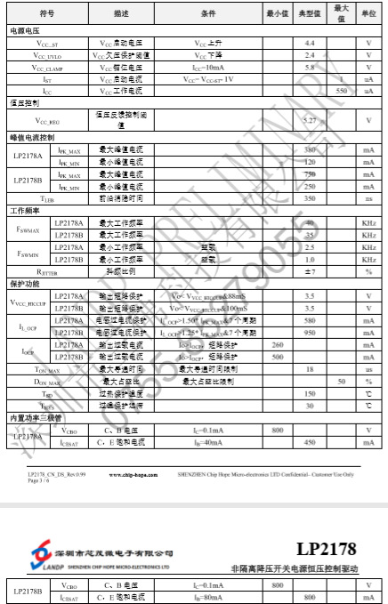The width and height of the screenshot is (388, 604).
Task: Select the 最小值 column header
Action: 278,14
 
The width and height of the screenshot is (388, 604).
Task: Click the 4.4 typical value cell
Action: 310,43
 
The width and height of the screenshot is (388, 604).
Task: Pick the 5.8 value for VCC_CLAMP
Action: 310,67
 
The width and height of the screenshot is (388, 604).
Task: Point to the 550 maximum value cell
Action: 341,91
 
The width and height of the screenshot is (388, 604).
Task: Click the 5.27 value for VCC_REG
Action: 310,120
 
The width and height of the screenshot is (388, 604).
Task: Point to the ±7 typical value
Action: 310,270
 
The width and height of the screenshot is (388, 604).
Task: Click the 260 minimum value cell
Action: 278,344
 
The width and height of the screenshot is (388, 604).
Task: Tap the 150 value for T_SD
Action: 310,393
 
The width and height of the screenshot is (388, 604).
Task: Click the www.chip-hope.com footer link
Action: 134,476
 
